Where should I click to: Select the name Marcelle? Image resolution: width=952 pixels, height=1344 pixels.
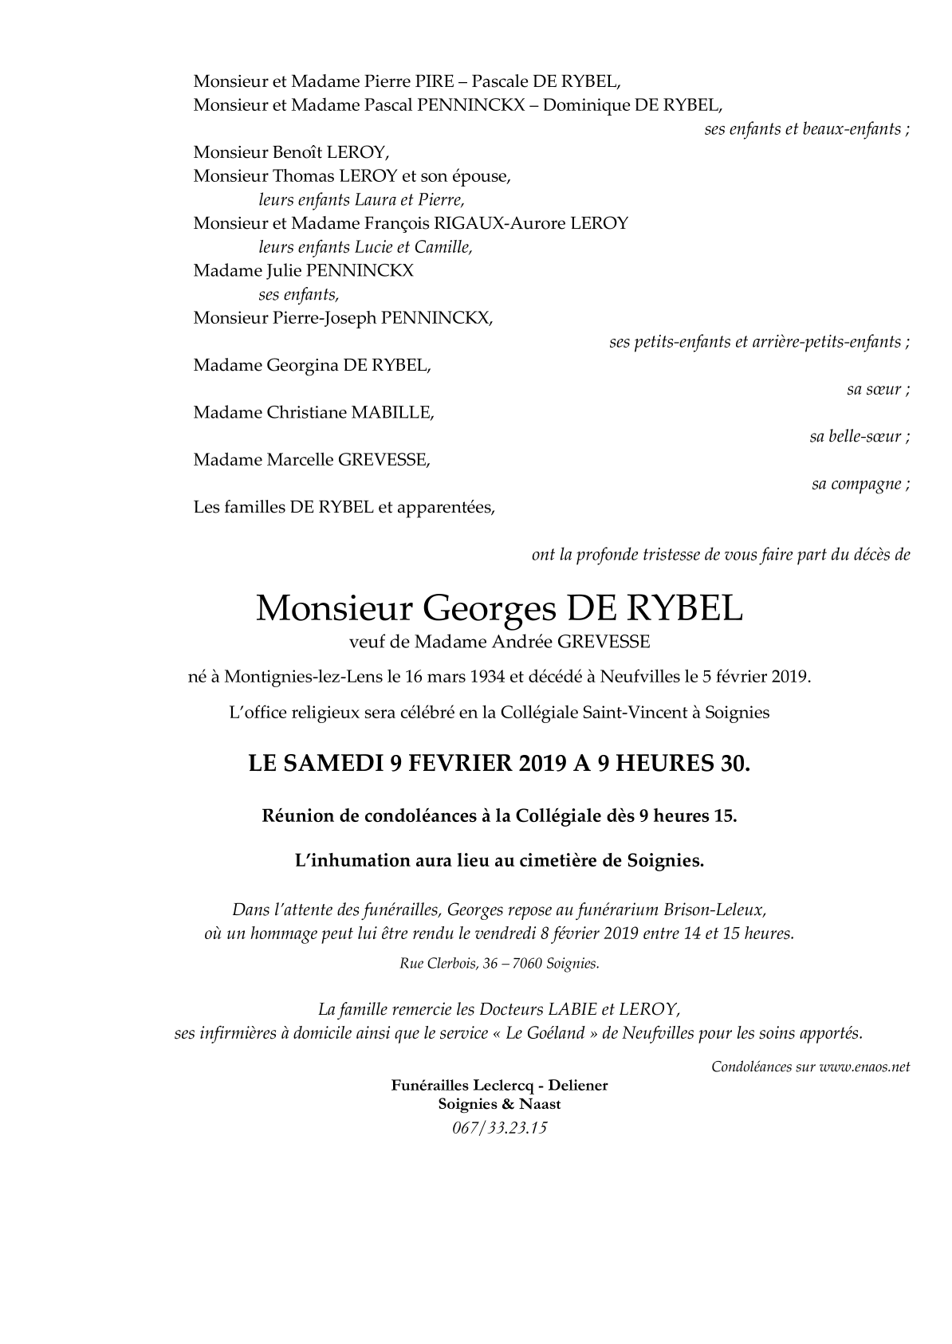299,459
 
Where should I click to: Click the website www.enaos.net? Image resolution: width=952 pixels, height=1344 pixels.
864,1067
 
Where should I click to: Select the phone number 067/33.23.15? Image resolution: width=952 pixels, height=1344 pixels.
499,1128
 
